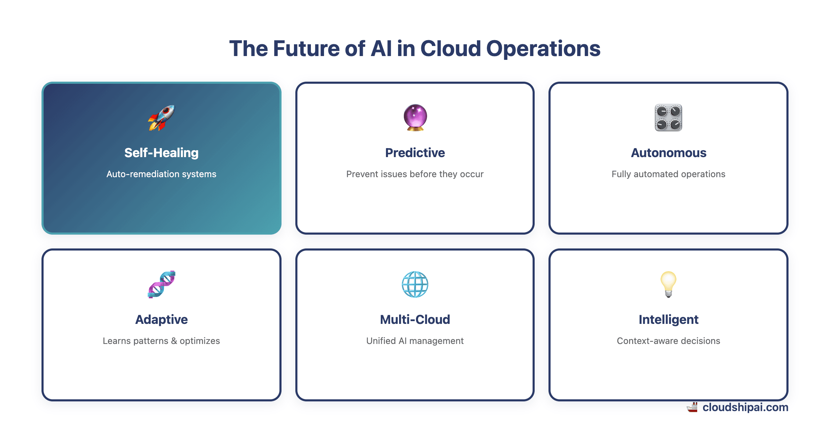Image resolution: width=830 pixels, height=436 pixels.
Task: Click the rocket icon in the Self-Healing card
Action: click(x=162, y=118)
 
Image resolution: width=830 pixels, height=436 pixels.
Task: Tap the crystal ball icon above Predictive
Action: click(x=415, y=118)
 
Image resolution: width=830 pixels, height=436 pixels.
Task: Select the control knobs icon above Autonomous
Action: click(x=668, y=118)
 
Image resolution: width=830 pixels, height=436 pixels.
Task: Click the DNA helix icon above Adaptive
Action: click(x=162, y=284)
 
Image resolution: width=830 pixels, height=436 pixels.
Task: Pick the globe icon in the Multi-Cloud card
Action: click(x=415, y=284)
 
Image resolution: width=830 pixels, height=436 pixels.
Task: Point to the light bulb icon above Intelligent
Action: click(x=668, y=284)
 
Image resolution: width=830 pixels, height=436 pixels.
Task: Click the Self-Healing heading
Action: click(x=162, y=153)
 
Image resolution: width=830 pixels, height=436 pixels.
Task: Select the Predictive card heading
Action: click(x=415, y=153)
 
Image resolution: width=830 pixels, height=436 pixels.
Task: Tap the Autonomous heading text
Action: click(x=668, y=153)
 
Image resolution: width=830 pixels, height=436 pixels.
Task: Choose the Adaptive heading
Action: click(x=162, y=319)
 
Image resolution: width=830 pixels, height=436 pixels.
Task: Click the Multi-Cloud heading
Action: click(x=415, y=319)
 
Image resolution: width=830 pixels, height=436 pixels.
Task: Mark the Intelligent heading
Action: click(x=668, y=319)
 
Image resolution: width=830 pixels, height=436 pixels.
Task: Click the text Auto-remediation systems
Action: click(x=162, y=174)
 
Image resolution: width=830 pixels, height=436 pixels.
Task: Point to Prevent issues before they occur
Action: click(x=415, y=174)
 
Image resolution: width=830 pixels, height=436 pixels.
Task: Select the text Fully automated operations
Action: click(x=668, y=174)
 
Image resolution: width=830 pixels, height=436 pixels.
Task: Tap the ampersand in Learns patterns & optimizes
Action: click(x=174, y=341)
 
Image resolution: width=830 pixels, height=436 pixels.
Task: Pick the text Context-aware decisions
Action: click(x=668, y=341)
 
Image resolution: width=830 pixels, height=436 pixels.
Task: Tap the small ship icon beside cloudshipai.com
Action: click(x=692, y=408)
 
